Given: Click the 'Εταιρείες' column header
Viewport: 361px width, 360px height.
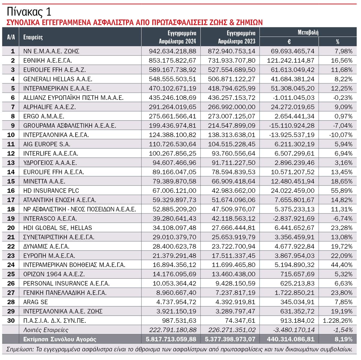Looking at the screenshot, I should [33, 37].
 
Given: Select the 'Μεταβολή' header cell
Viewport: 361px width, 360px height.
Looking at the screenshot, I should [308, 32].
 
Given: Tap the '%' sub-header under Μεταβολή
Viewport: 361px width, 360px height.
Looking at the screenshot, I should [338, 42].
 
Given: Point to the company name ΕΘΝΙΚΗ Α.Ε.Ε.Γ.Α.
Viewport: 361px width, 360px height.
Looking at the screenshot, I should [48, 61].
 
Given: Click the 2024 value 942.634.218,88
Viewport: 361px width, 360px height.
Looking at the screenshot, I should [172, 51].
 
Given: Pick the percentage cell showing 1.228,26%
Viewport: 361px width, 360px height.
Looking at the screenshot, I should [338, 321].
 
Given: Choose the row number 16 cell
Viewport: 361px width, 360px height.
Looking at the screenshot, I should [11, 191].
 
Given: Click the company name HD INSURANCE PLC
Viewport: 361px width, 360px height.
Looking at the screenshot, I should [51, 191].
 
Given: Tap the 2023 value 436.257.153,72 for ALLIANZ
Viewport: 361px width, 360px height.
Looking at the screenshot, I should [231, 98].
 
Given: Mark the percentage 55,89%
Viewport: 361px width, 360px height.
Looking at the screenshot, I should [342, 191].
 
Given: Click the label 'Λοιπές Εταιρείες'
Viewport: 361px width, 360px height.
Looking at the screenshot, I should [46, 330].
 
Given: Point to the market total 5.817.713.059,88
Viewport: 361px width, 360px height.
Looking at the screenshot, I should [171, 339].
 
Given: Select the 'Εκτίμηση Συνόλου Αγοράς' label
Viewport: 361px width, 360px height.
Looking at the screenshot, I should [60, 339].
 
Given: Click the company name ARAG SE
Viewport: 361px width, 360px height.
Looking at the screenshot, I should [35, 302].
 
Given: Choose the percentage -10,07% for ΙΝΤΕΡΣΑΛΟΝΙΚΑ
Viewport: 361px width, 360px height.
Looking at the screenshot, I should [341, 135].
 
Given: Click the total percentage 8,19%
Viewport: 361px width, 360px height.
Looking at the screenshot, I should [344, 339].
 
